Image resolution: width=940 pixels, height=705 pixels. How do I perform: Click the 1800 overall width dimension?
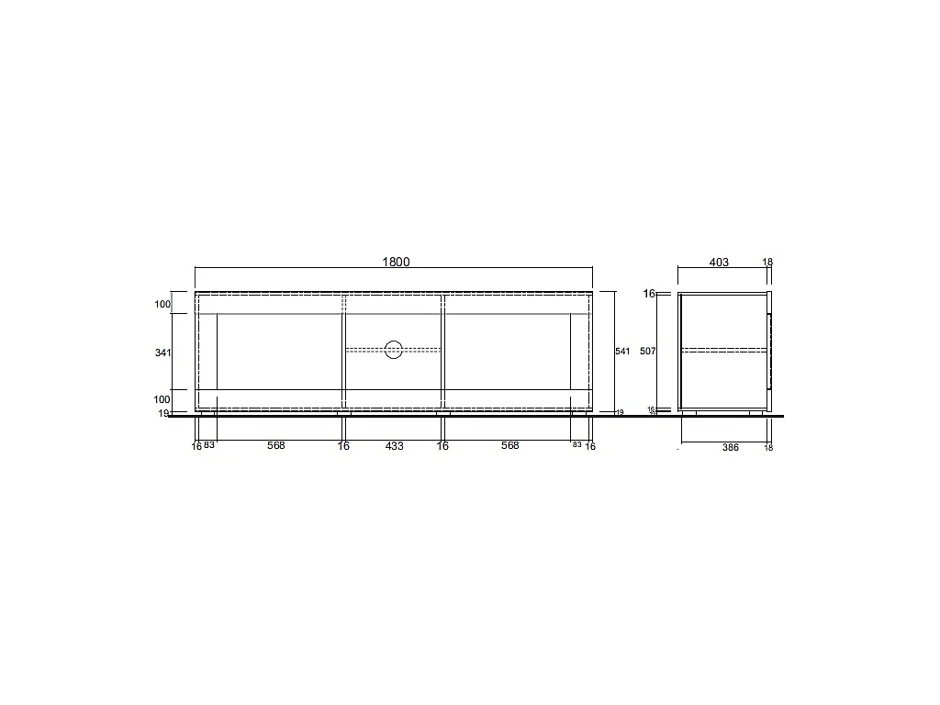point(396,262)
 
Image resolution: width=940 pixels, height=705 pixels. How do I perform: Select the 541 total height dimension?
point(622,352)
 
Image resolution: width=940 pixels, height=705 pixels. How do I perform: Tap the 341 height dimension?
point(163,352)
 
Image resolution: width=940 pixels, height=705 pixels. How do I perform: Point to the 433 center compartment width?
point(394,446)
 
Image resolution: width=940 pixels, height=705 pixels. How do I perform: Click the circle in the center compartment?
point(394,349)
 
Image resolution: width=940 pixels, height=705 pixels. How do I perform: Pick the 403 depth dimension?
point(719,263)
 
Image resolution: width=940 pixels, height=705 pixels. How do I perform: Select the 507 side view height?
point(648,352)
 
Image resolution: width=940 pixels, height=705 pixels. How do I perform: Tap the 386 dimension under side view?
point(731,447)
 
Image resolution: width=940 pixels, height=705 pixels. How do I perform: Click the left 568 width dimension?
point(276,446)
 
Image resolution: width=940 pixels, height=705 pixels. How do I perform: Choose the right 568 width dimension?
point(509,446)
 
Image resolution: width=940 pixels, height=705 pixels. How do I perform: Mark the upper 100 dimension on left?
point(162,304)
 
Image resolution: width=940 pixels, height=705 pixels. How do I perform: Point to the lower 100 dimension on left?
point(162,399)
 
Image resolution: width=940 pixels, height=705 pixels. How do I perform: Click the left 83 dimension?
point(209,446)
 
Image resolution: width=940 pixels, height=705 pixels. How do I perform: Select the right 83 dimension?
point(577,445)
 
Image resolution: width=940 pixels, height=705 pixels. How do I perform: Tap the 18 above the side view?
point(767,263)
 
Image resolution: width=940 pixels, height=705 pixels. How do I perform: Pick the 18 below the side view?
point(768,448)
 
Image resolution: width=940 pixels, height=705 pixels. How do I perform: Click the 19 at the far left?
point(163,414)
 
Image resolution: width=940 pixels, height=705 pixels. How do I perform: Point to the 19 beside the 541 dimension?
point(620,413)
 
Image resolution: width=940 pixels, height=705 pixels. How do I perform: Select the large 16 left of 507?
point(649,295)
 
